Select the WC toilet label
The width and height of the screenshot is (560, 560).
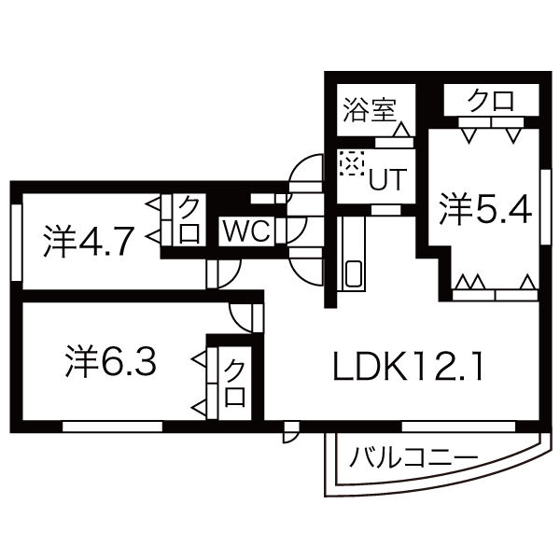pos(246,231)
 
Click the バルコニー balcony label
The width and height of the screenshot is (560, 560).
pos(414,457)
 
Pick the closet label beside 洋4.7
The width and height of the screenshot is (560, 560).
pos(189,218)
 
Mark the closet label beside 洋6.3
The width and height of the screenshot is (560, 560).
pos(234,383)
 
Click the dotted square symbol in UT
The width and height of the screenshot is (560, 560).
pos(350,163)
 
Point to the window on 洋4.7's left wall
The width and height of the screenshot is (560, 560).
pos(16,240)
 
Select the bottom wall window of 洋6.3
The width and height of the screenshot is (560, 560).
pos(112,426)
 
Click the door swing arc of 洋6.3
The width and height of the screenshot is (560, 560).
pos(240,316)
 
